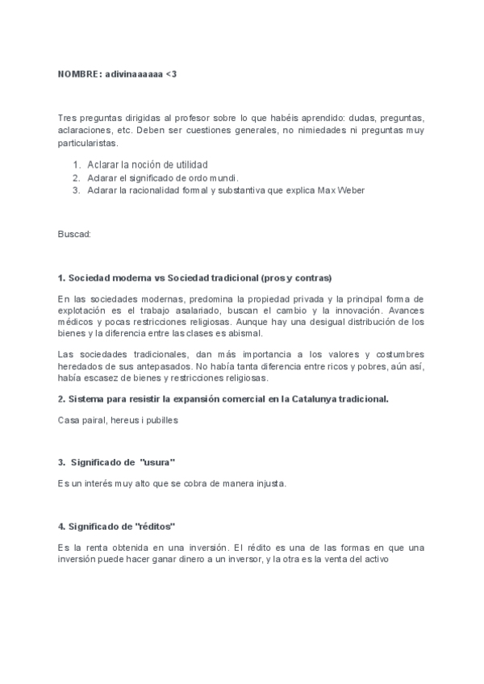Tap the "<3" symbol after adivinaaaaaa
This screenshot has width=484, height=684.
point(171,74)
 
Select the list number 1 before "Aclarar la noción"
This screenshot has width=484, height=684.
point(75,165)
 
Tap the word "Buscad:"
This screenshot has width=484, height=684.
point(74,234)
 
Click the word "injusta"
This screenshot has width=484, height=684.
point(267,483)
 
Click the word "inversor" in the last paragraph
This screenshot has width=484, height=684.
point(229,559)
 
